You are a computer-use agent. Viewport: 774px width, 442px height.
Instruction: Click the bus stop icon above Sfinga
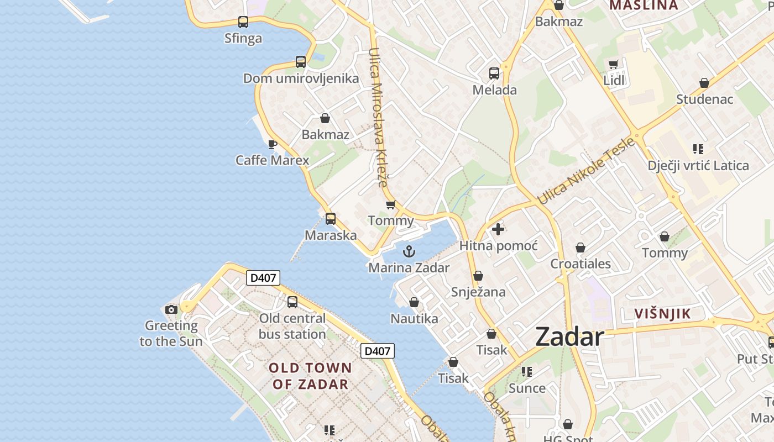[x=243, y=22]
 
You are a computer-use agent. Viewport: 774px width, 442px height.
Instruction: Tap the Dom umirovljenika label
[x=301, y=78]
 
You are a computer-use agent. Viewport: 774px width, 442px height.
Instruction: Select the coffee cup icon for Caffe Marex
[x=272, y=144]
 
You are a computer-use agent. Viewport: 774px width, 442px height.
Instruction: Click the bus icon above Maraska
[x=331, y=219]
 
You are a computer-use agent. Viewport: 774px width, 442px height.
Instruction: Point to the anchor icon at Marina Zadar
[x=409, y=252]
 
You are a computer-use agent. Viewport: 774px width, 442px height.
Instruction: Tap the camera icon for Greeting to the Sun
[x=171, y=309]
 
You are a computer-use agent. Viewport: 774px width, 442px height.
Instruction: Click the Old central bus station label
[x=292, y=326]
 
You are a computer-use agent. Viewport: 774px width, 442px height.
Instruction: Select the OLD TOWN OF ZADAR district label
[x=310, y=376]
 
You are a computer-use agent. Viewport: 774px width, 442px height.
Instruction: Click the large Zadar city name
[x=569, y=336]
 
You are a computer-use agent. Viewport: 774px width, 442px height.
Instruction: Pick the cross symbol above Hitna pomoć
[x=498, y=229]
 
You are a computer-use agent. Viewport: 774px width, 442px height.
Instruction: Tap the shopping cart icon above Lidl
[x=613, y=65]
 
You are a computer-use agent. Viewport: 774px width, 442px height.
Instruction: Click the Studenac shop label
[x=705, y=99]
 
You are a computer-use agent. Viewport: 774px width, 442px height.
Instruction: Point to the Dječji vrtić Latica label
[x=698, y=165]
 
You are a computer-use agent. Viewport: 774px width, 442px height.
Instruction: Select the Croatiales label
[x=580, y=264]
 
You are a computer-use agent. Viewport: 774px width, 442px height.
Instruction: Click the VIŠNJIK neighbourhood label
[x=662, y=314]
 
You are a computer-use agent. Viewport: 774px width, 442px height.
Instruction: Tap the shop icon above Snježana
[x=478, y=276]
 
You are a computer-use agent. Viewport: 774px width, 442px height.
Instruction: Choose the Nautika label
[x=414, y=318]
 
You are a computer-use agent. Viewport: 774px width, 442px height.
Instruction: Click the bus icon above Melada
[x=494, y=73]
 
